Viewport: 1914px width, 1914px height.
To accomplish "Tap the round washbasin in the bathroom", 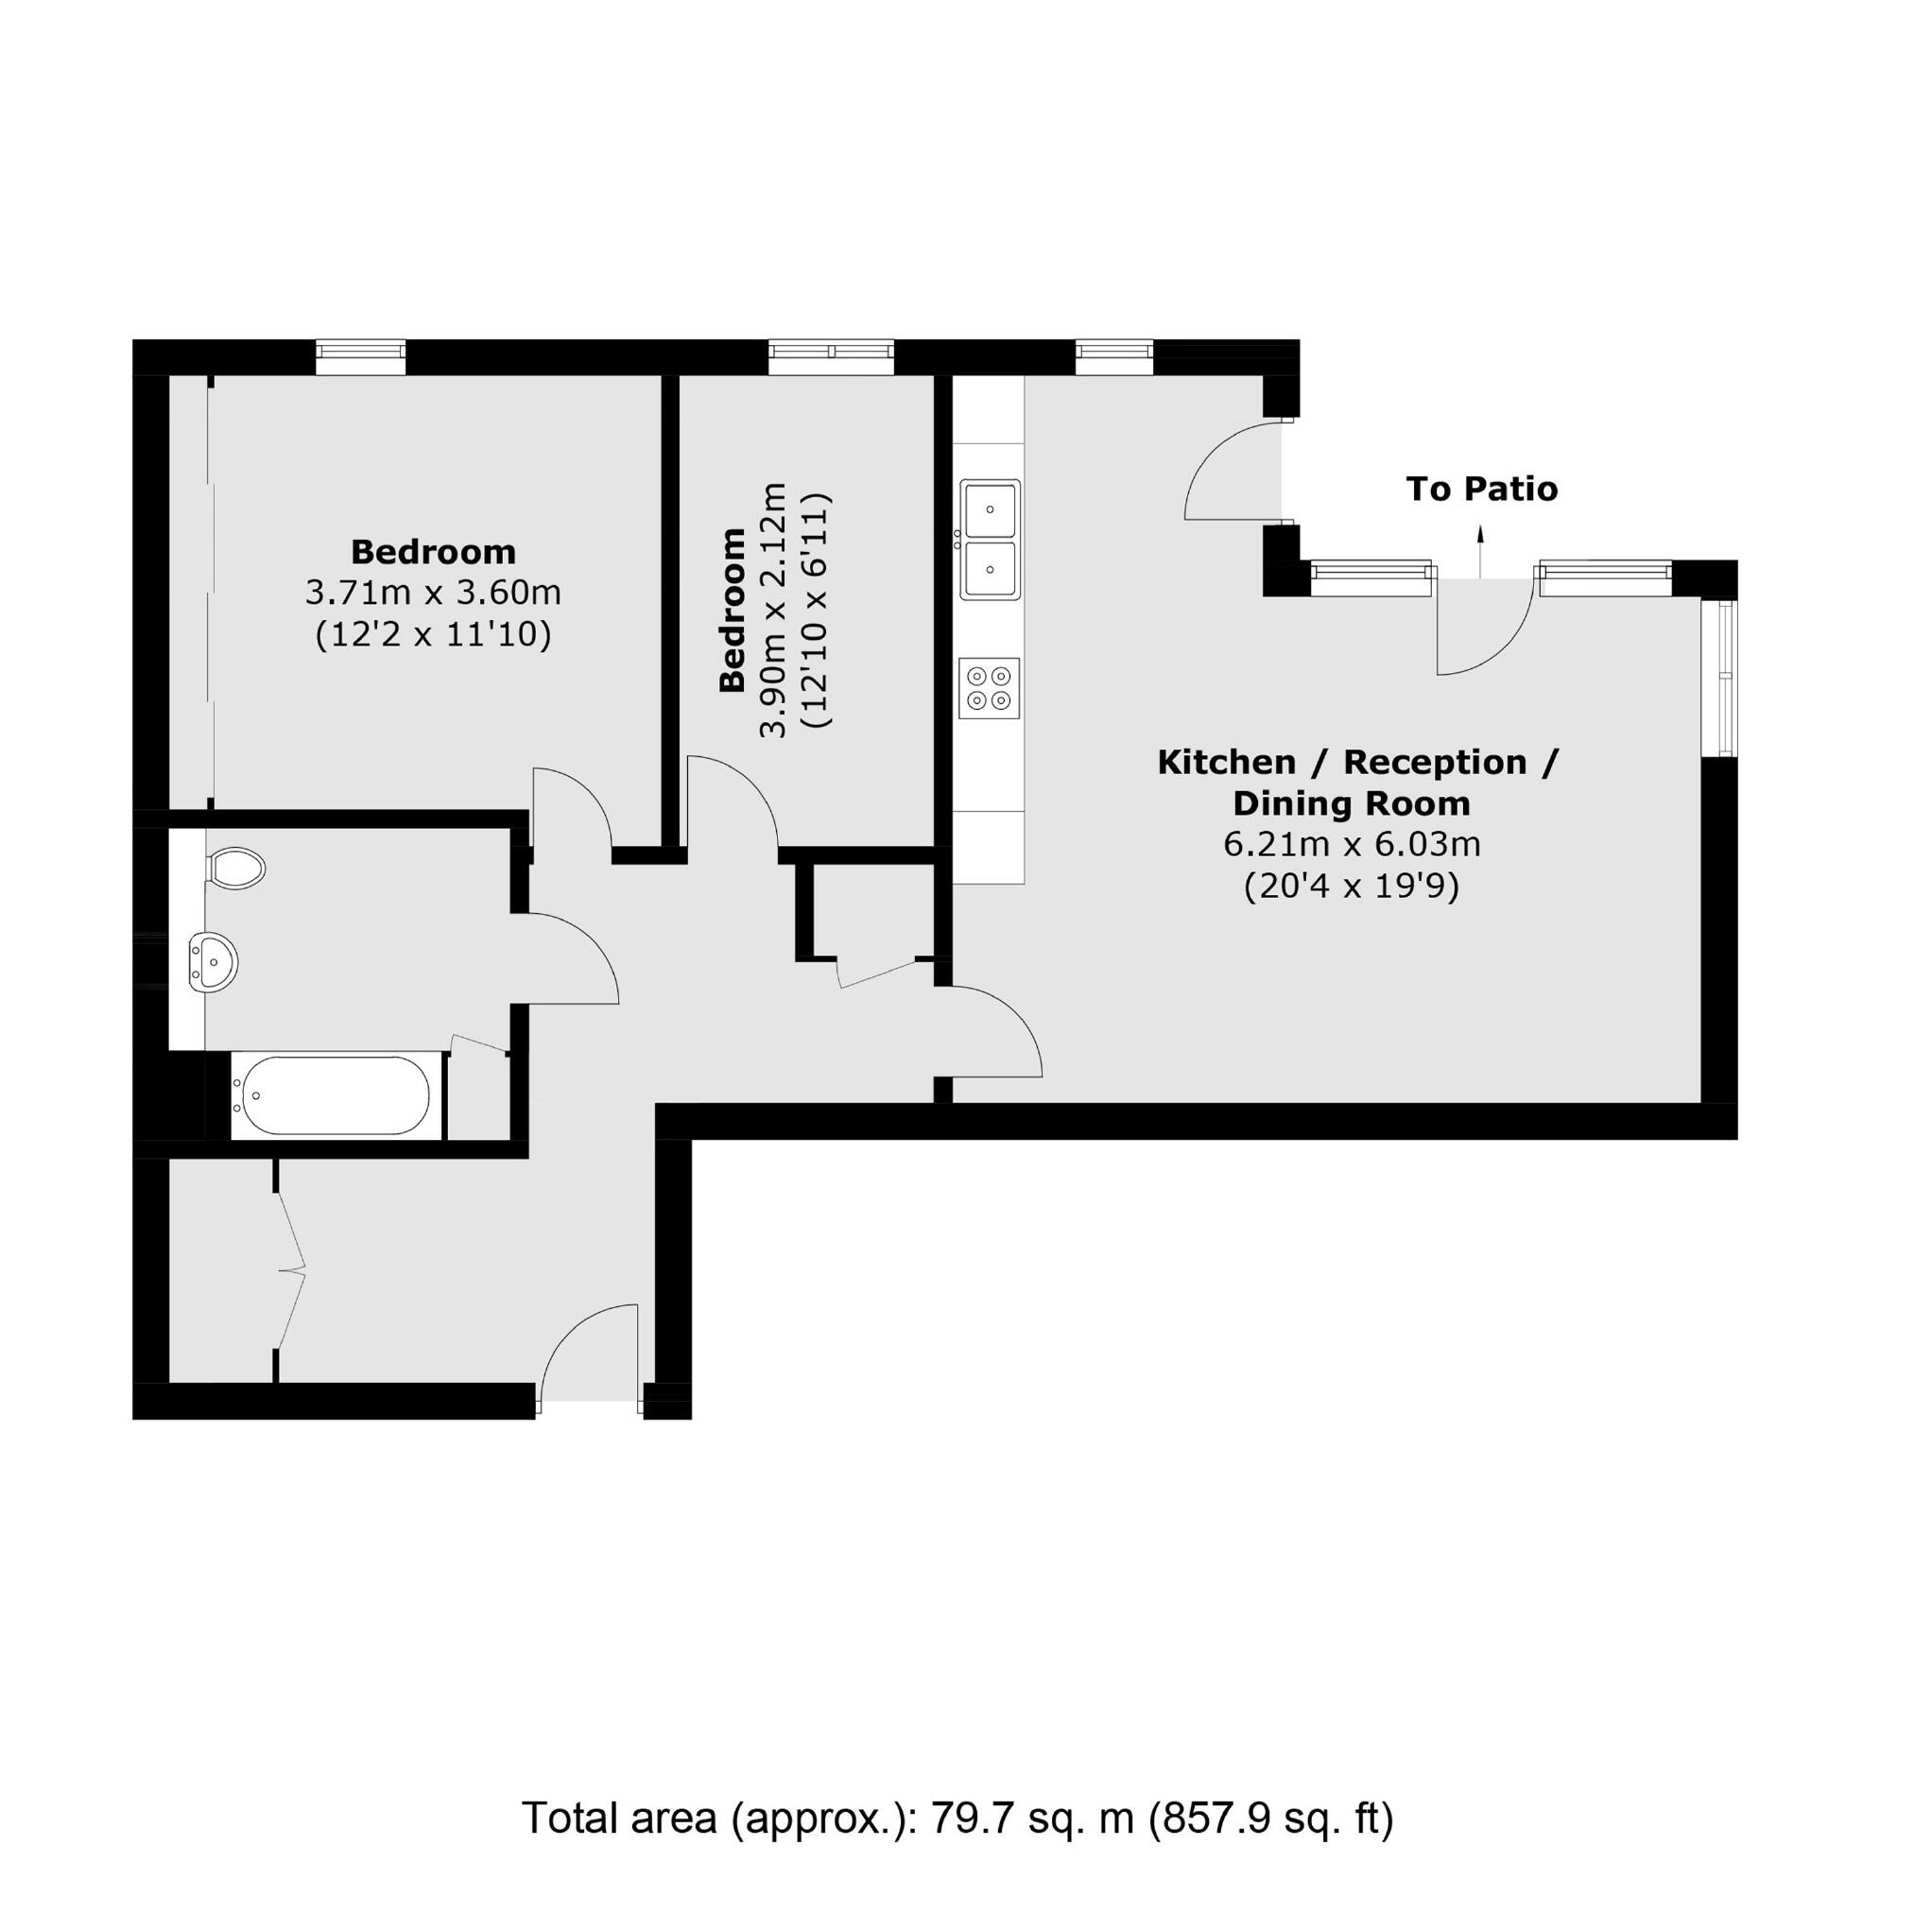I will click(215, 959).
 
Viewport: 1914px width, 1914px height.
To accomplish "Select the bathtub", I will click(331, 1095).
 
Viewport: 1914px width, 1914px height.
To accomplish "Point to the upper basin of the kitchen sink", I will click(990, 509).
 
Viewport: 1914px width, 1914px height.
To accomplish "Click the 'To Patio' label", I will click(1482, 489).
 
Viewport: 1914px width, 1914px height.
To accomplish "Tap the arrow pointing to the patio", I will click(1480, 551).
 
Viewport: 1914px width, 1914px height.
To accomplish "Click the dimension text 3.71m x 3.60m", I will click(433, 593).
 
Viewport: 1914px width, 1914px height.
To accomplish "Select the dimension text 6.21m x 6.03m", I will click(1352, 845).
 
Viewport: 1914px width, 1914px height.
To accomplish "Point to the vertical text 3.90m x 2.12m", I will click(773, 612).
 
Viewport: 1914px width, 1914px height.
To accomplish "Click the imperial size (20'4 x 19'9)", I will click(1352, 886).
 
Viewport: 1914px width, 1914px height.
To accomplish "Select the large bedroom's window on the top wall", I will click(361, 356).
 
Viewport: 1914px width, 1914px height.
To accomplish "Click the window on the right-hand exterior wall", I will click(1728, 678).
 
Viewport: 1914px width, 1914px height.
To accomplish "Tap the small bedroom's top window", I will click(831, 356).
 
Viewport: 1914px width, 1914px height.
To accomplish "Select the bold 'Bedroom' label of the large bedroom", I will click(433, 551).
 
